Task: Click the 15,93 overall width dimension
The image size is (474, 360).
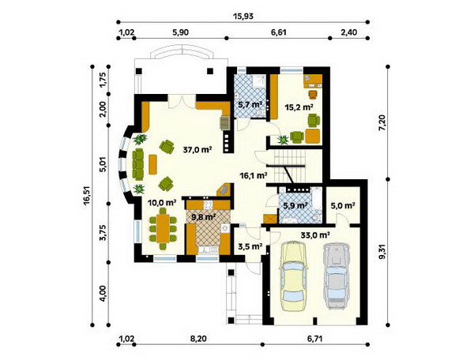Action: click(x=243, y=16)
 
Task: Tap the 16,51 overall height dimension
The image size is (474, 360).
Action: click(x=88, y=196)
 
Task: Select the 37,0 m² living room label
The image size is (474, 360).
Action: click(x=197, y=149)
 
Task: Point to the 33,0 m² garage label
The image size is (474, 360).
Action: click(x=315, y=234)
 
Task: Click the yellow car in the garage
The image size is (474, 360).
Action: click(x=294, y=276)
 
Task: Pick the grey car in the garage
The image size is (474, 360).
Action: click(x=337, y=276)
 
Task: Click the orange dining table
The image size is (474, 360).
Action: click(x=164, y=228)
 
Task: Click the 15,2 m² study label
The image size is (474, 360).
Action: click(x=299, y=107)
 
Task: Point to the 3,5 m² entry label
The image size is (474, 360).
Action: click(x=250, y=246)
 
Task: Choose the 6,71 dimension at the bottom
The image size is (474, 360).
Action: click(x=315, y=339)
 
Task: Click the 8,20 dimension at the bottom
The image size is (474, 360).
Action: click(x=198, y=339)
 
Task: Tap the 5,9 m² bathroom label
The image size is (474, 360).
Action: click(x=295, y=205)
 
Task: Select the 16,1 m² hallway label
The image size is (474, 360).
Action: click(x=253, y=175)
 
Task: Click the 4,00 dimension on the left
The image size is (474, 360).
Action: click(x=103, y=294)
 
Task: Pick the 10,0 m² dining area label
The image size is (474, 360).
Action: click(x=162, y=203)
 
